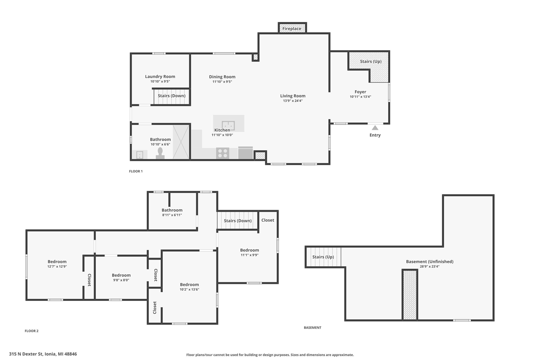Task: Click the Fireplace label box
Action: coord(292,28)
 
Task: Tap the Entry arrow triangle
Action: coord(375,128)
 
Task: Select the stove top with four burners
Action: coord(222,153)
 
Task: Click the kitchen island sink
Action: coord(228,125)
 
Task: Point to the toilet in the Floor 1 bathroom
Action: coord(160,153)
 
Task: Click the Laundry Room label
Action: coord(160,76)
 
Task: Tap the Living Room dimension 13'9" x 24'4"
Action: coord(293,101)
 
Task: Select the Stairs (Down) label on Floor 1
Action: coord(172,96)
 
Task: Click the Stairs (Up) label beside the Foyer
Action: coord(371,62)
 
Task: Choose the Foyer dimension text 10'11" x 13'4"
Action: coord(360,97)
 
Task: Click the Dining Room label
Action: coord(222,77)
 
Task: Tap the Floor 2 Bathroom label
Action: coord(172,210)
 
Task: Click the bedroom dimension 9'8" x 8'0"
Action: coord(121,280)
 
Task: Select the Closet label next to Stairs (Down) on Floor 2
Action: coord(268,220)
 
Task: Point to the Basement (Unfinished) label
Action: coord(429,262)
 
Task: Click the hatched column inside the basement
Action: coord(410,295)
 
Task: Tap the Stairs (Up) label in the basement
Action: coord(323,257)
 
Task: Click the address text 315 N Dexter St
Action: coord(26,354)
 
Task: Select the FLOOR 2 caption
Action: coord(32,331)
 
